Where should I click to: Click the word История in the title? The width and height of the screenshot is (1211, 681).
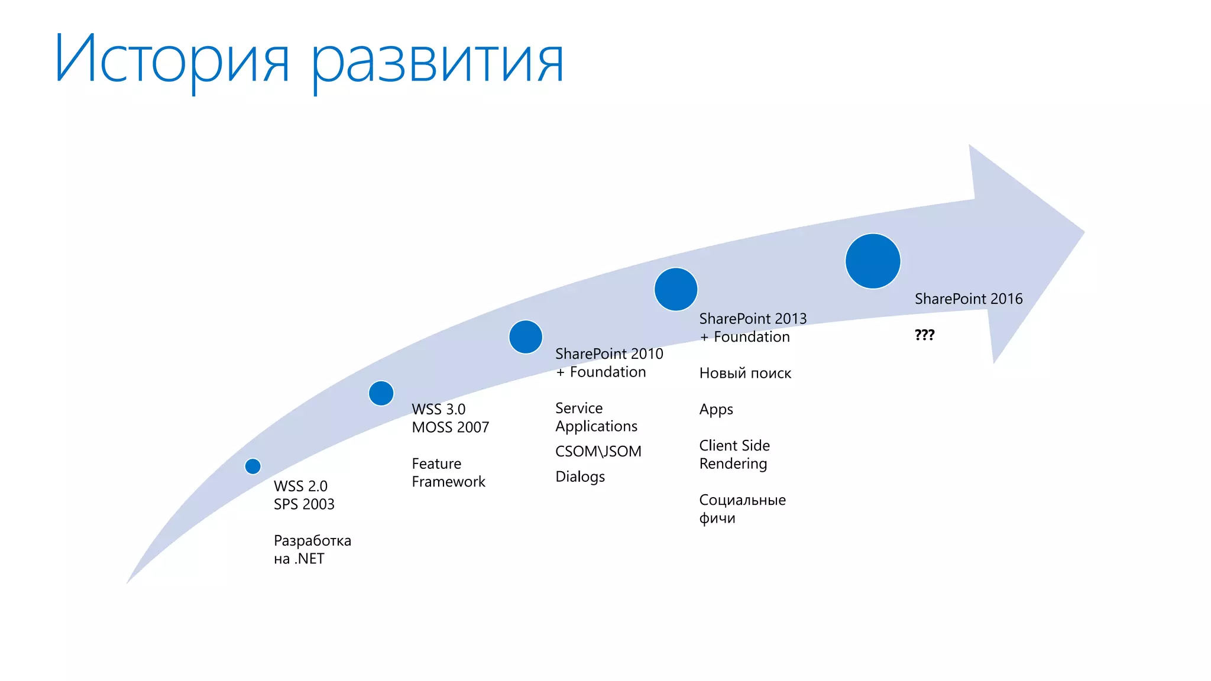[172, 59]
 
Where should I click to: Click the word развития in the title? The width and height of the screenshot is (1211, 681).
[438, 61]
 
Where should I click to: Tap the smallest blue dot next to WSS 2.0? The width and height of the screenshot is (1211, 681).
[253, 466]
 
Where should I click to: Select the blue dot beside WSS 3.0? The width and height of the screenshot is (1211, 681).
[381, 393]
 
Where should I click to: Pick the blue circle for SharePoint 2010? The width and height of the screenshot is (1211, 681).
[526, 337]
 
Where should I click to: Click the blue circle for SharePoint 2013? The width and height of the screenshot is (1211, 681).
[676, 289]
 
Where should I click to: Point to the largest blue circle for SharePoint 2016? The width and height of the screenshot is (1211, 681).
[873, 261]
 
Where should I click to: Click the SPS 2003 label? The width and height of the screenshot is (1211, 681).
[304, 504]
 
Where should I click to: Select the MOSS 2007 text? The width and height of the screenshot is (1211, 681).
[451, 427]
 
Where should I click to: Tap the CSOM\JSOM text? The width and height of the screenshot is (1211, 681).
[598, 452]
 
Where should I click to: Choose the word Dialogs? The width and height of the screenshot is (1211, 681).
[580, 476]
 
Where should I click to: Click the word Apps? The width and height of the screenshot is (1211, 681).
[716, 410]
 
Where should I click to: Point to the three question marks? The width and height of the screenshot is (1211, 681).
[924, 335]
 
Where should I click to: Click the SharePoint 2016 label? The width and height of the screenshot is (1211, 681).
[969, 299]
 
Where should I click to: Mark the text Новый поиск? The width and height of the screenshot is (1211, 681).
[745, 374]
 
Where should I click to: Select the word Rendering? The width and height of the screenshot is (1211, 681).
[733, 464]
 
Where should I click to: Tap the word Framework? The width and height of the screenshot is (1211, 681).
[448, 482]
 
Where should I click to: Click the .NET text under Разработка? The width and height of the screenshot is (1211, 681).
[309, 559]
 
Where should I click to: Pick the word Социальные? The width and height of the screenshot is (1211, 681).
[743, 500]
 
